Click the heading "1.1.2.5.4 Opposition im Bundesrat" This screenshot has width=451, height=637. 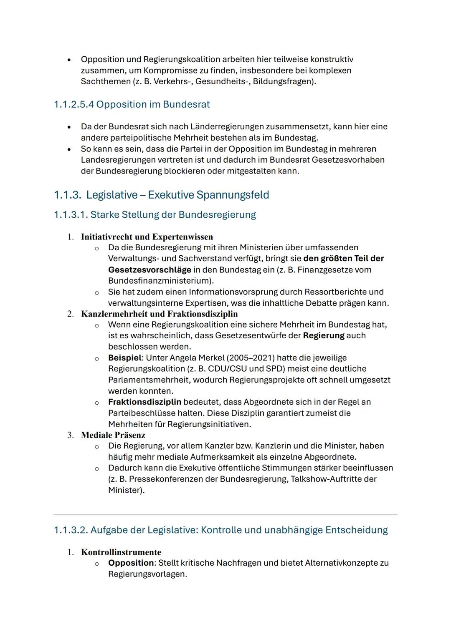click(x=132, y=104)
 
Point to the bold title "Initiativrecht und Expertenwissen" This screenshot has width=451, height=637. click(x=147, y=237)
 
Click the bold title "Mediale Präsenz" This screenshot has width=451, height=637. click(x=113, y=435)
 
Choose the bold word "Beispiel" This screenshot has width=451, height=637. click(x=125, y=358)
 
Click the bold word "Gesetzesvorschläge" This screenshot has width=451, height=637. click(x=149, y=270)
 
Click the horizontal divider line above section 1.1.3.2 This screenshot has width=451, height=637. click(x=225, y=514)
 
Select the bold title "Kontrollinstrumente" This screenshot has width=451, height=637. click(x=121, y=552)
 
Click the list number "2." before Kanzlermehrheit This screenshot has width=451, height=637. click(x=71, y=314)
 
